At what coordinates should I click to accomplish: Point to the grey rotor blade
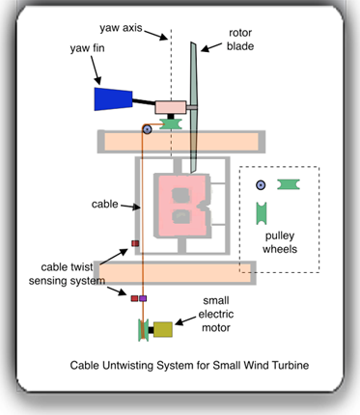[193, 87]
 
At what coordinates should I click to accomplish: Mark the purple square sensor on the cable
[144, 299]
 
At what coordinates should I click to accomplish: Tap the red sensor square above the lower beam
[136, 243]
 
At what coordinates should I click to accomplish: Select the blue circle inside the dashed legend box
[260, 184]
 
